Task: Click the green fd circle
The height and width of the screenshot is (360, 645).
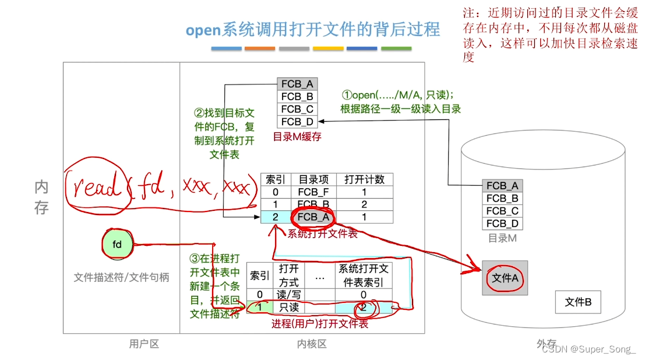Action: click(x=117, y=245)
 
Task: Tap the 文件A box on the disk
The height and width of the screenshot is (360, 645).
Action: click(x=505, y=278)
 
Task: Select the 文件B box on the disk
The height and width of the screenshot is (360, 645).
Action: click(x=577, y=302)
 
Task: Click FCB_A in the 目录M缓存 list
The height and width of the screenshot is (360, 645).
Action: click(x=297, y=84)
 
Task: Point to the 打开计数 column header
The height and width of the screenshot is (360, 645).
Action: click(x=364, y=179)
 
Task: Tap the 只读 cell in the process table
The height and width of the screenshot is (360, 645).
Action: click(x=289, y=307)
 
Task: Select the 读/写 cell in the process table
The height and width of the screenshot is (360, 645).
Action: click(x=289, y=295)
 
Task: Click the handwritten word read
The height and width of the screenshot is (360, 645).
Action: click(x=98, y=186)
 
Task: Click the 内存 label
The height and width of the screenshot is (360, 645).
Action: click(x=41, y=197)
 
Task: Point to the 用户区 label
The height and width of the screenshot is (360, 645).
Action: click(x=144, y=344)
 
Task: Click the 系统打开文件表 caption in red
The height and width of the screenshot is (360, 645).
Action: click(x=322, y=234)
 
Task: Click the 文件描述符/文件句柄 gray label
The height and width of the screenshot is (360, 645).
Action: click(x=121, y=278)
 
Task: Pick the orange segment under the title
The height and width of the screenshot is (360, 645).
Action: click(x=260, y=49)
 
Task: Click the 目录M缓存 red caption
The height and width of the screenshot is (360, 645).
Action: click(x=297, y=137)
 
